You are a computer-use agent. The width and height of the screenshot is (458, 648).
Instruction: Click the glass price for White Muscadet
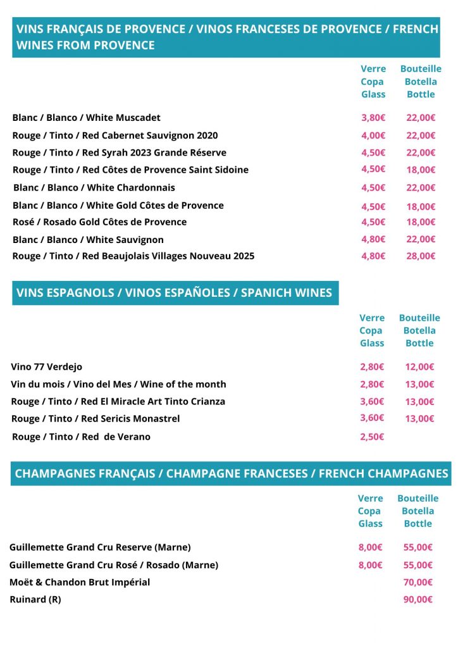point(373,118)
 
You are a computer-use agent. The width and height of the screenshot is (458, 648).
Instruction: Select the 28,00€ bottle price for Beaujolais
point(421,256)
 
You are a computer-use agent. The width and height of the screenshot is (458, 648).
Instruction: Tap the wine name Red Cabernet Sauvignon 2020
point(115,135)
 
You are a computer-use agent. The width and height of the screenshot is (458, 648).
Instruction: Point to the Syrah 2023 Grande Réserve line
point(119,153)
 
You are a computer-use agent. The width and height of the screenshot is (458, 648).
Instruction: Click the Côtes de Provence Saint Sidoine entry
point(130,170)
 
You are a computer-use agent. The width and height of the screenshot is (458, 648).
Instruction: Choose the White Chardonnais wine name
point(94,187)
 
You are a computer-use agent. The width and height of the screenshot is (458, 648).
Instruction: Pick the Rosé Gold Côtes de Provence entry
point(99,222)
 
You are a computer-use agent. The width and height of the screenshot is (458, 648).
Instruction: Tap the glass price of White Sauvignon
point(373,239)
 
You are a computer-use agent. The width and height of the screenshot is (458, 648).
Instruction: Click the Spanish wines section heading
point(174,293)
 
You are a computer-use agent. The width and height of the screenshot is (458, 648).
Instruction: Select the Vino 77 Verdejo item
point(47,367)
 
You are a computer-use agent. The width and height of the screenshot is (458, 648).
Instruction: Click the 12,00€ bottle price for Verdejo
point(419,367)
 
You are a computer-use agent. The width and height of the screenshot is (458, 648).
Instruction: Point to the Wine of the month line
point(118,384)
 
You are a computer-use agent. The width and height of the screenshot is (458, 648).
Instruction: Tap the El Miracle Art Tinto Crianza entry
point(118,401)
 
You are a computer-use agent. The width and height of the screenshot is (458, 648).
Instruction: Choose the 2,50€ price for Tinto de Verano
point(372,437)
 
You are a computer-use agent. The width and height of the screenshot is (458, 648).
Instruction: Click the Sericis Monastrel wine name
point(96,418)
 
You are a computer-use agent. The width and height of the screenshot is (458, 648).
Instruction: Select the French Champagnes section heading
point(231,473)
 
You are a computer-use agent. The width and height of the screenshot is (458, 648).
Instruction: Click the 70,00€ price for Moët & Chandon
point(418,582)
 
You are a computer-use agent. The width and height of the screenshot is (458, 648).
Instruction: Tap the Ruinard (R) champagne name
point(35,599)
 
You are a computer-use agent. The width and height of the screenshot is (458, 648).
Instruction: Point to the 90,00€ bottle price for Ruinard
point(418,599)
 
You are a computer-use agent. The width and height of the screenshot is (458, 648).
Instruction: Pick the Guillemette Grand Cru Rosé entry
point(114,565)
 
